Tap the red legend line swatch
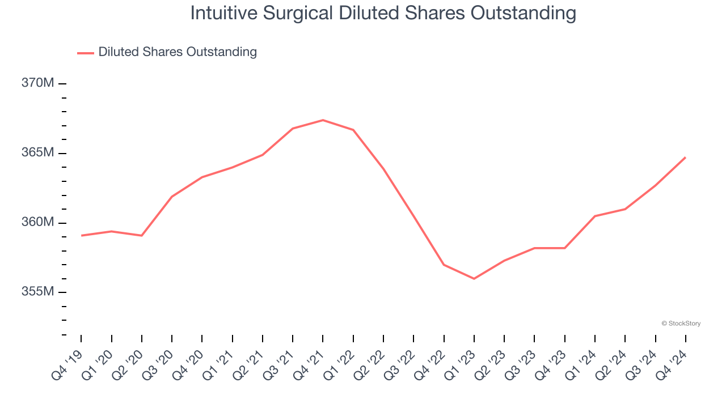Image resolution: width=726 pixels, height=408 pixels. click(86, 53)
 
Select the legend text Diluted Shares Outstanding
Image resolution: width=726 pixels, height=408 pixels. click(178, 52)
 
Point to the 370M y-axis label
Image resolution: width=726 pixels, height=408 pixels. click(38, 83)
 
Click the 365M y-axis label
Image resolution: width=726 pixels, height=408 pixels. click(38, 153)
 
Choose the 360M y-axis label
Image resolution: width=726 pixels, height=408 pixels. click(38, 222)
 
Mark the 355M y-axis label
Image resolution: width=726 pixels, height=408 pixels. click(38, 292)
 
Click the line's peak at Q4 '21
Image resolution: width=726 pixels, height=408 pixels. click(323, 120)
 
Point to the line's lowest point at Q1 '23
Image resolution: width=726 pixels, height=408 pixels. click(474, 279)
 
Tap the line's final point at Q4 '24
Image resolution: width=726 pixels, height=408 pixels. click(686, 157)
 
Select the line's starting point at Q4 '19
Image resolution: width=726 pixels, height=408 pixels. click(81, 235)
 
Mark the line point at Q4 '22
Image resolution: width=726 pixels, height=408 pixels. click(444, 265)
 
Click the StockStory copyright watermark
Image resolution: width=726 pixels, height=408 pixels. click(681, 324)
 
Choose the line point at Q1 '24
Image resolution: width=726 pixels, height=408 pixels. click(595, 216)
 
